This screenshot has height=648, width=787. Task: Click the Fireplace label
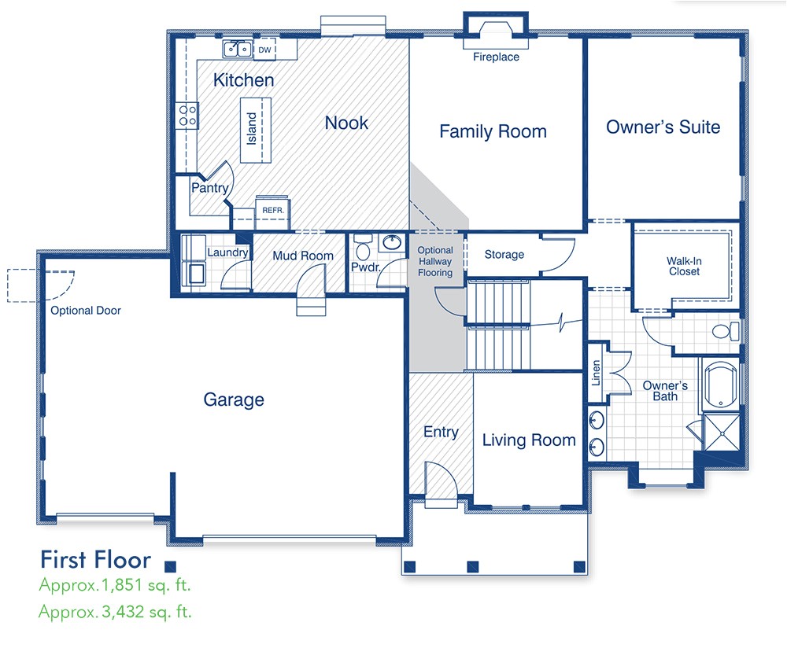pyautogui.click(x=496, y=57)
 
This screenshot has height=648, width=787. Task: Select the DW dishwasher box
pyautogui.click(x=265, y=50)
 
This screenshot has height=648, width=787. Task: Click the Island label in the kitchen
pyautogui.click(x=252, y=128)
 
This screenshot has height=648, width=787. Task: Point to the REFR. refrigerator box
pyautogui.click(x=272, y=211)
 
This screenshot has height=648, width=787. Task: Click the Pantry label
pyautogui.click(x=210, y=188)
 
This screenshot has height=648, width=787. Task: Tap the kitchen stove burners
pyautogui.click(x=187, y=116)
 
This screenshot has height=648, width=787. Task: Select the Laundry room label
pyautogui.click(x=227, y=252)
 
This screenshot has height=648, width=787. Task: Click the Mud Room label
pyautogui.click(x=303, y=256)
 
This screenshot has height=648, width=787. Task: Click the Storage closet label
pyautogui.click(x=504, y=255)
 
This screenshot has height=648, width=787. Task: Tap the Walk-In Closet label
pyautogui.click(x=684, y=266)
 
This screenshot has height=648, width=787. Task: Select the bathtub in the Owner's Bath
pyautogui.click(x=719, y=385)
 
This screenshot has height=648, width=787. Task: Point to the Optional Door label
pyautogui.click(x=86, y=311)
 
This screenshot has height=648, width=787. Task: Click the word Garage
pyautogui.click(x=234, y=400)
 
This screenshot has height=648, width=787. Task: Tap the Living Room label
pyautogui.click(x=529, y=440)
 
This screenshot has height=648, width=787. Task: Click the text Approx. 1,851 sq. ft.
pyautogui.click(x=115, y=585)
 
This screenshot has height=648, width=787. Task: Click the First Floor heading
pyautogui.click(x=95, y=560)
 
